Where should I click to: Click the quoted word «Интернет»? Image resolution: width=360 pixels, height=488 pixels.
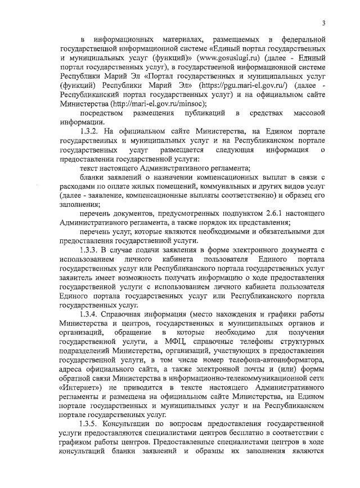83,385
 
